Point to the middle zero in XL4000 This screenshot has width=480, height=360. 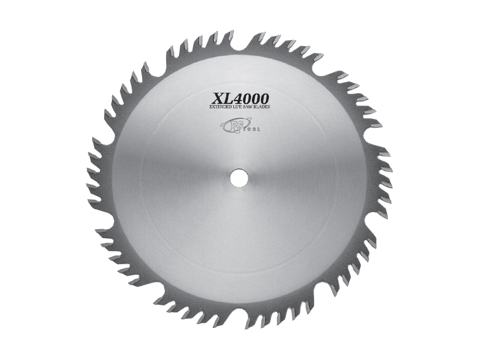point(256,98)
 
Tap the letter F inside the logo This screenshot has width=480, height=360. point(230,126)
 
